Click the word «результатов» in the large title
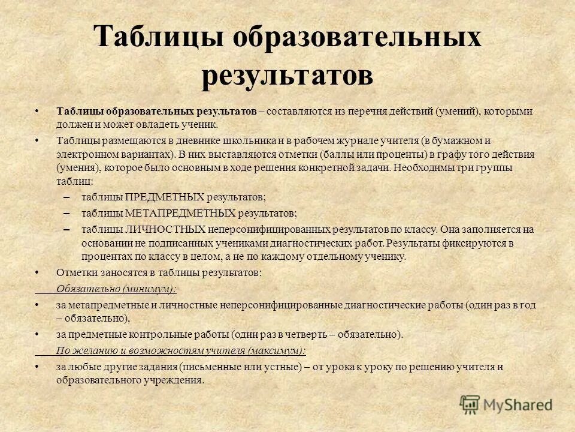click(287, 77)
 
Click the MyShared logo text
click(517, 405)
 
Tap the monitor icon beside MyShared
click(471, 404)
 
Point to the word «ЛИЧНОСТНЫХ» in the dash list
click(166, 229)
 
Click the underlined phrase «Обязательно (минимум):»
click(116, 289)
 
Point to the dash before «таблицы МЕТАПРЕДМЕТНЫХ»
click(66, 214)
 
